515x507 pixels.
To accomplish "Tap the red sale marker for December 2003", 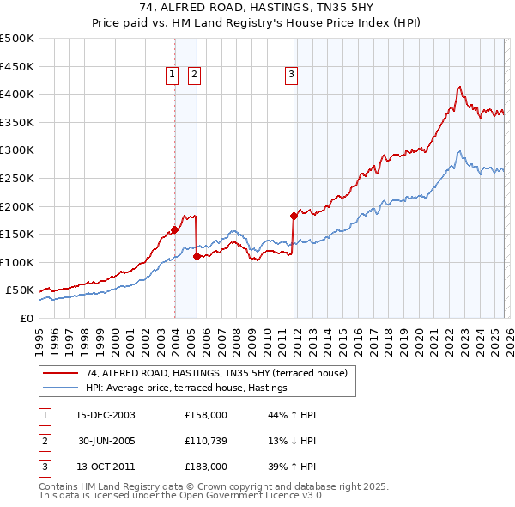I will pyautogui.click(x=174, y=229).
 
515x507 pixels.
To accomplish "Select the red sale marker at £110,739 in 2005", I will pyautogui.click(x=197, y=256).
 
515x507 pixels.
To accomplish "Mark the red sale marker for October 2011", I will pyautogui.click(x=294, y=216).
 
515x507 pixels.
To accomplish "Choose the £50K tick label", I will pyautogui.click(x=21, y=290).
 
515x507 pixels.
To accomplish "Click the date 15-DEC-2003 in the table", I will pyautogui.click(x=105, y=415).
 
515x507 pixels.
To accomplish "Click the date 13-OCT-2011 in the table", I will pyautogui.click(x=105, y=467).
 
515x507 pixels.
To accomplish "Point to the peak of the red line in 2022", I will pyautogui.click(x=460, y=86).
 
